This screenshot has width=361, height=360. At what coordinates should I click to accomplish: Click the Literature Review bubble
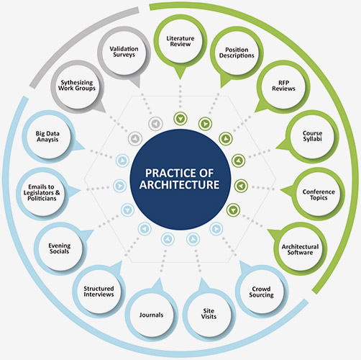pos(180,41)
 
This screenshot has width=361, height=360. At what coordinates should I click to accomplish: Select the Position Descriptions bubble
pos(237,53)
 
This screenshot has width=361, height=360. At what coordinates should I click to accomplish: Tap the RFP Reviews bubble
pos(283,86)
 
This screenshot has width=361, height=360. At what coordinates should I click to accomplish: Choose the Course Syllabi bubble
pos(312,136)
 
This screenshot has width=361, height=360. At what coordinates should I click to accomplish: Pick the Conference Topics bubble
pos(319,194)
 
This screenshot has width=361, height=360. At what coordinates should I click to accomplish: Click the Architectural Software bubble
pos(300,249)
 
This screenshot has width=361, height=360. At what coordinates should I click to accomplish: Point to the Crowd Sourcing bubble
pos(262,292)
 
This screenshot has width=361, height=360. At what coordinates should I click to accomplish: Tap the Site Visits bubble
pos(209,314)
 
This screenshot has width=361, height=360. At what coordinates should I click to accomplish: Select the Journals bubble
pos(152,315)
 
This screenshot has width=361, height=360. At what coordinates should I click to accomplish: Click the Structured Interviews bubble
pos(99,292)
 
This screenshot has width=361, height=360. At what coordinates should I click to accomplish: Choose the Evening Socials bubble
pos(60,248)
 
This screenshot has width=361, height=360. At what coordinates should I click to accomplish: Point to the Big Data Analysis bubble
pos(48,137)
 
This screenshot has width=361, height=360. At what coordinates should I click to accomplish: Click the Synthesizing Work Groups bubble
pos(77,86)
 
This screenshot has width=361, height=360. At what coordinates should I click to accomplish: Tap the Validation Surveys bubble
pos(124,53)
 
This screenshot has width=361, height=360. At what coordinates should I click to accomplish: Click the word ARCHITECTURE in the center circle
pos(180,185)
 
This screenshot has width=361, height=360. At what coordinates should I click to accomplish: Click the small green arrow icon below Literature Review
pos(180,118)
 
